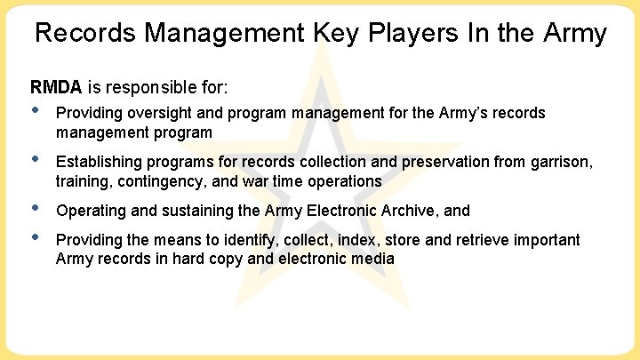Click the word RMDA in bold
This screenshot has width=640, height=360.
point(55,87)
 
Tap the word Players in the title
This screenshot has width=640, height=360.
point(387,34)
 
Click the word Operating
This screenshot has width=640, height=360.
point(88,211)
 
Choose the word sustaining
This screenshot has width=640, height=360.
point(188,211)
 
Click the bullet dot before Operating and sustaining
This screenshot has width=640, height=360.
point(36,209)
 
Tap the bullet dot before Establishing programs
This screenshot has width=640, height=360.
point(36,160)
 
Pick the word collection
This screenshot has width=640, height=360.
point(321,162)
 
